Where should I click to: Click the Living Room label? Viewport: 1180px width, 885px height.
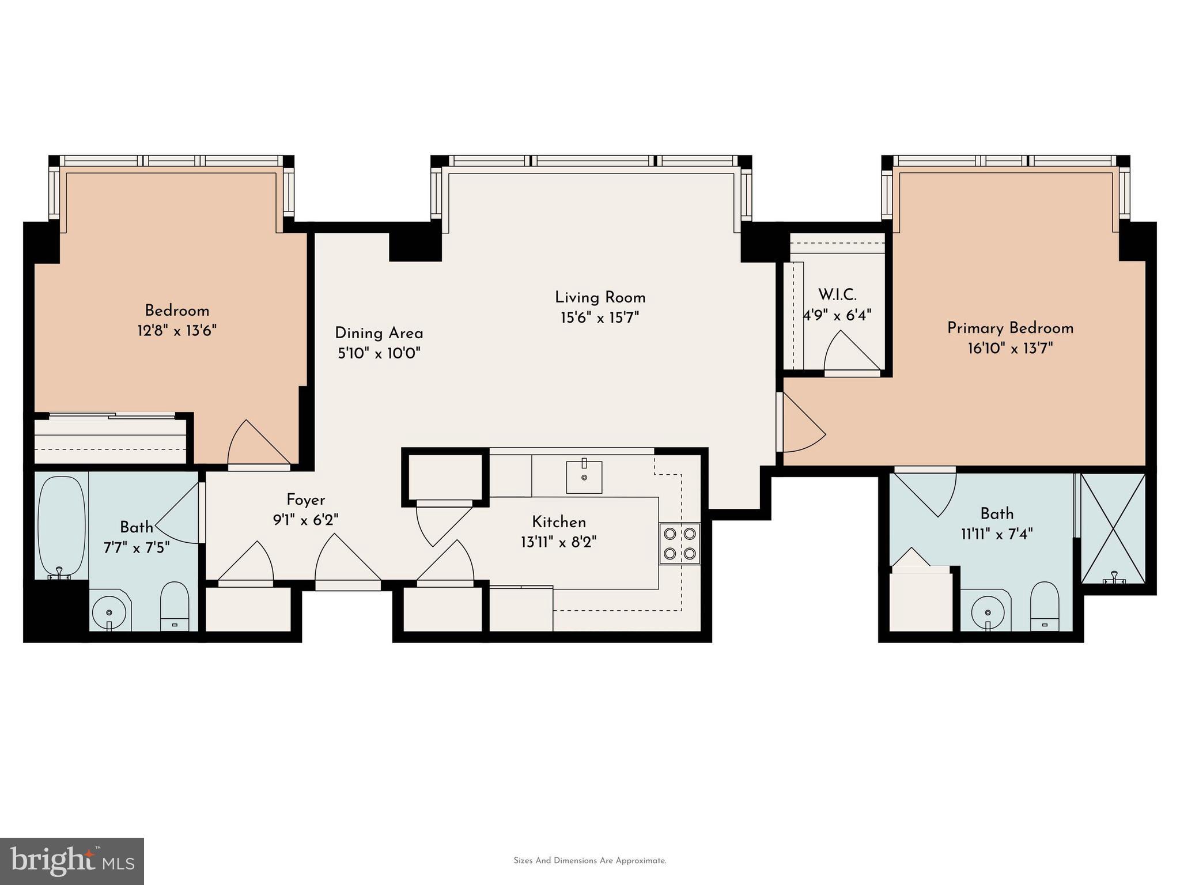click(600, 297)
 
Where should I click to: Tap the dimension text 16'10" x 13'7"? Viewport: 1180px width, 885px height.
click(1010, 348)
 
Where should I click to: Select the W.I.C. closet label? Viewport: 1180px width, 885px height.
click(837, 294)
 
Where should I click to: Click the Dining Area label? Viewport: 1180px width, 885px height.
click(379, 333)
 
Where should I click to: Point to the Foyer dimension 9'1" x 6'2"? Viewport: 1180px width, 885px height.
click(305, 520)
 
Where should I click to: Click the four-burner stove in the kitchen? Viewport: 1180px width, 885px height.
click(680, 543)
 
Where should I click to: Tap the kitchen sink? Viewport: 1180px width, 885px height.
click(584, 477)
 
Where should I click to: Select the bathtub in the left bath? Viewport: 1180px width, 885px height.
click(61, 525)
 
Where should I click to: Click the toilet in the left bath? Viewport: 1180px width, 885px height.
click(174, 607)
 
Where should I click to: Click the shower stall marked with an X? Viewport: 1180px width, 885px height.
click(1113, 528)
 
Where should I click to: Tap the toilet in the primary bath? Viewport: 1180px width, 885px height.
click(1044, 606)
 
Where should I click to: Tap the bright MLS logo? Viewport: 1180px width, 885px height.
click(72, 861)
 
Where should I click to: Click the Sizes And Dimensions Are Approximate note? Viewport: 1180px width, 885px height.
click(589, 861)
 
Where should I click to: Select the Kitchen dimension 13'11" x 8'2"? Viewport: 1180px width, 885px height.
click(558, 542)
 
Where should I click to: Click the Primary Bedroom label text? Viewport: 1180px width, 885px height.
click(1010, 328)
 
